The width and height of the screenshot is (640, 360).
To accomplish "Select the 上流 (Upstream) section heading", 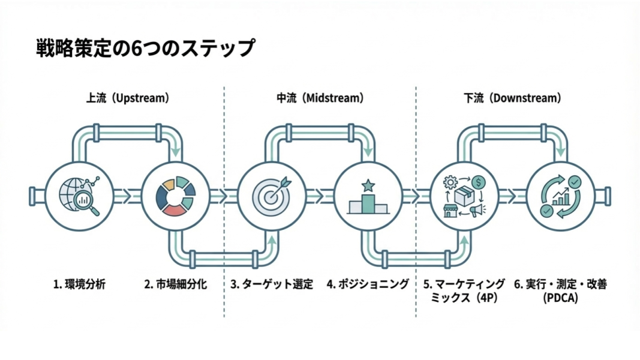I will [127, 98].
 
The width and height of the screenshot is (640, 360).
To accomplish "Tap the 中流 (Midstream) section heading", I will [320, 98].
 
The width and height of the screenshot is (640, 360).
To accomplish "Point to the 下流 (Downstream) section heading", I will [512, 98].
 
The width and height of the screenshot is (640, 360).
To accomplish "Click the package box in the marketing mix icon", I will [464, 196].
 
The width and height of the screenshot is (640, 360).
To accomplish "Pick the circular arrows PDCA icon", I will [560, 196].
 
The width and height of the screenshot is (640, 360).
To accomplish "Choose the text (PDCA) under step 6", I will [560, 298].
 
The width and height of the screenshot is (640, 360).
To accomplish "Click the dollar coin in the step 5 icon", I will [478, 181].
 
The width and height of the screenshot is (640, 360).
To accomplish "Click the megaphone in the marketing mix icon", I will [477, 210].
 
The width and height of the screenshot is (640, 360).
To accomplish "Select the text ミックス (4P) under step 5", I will [464, 298].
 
